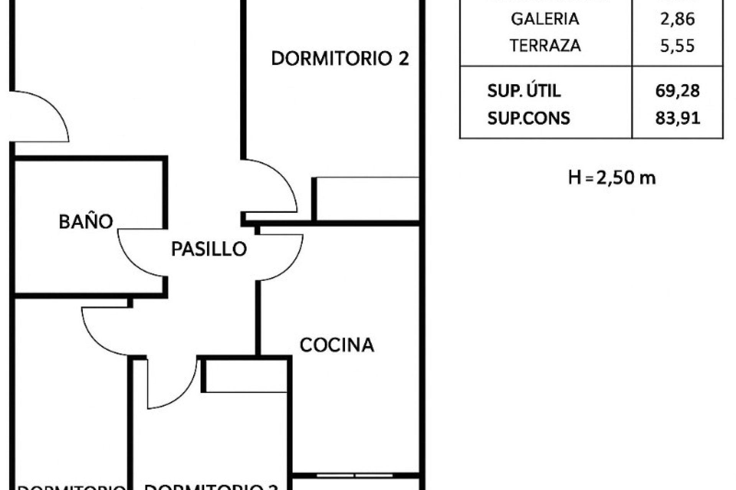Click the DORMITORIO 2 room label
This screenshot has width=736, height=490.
point(340,59)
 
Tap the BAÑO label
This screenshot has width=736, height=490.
point(86,222)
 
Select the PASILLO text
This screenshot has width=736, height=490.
point(209,249)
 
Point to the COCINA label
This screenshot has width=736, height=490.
point(337,345)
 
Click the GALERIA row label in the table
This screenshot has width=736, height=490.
point(545,19)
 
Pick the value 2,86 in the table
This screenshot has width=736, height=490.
point(677,19)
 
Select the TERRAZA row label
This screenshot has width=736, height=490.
point(545,46)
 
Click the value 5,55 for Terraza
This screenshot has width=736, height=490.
point(677,46)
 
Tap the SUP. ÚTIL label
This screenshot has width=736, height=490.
point(524,91)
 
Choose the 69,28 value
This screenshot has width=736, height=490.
point(677,91)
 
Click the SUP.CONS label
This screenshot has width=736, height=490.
point(529,118)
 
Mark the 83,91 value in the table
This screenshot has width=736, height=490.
point(677,118)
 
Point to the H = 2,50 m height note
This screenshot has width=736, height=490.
point(612,178)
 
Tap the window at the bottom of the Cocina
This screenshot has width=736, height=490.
point(355,475)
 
